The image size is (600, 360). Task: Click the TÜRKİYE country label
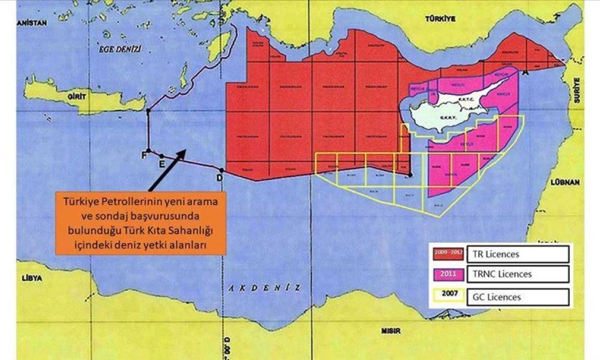(441, 19)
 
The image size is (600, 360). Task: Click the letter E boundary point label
(161, 163)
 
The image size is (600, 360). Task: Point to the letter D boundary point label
(220, 178)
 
